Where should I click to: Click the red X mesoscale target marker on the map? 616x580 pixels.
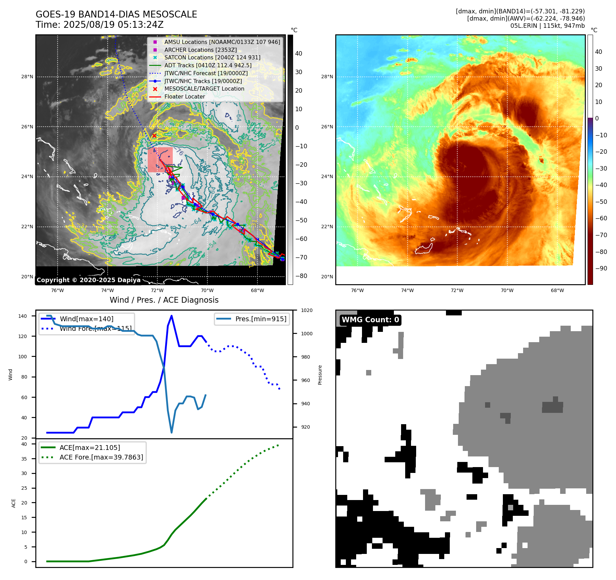[x=154, y=136]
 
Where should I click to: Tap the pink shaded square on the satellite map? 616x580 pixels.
[x=160, y=160]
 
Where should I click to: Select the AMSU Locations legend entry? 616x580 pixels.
[x=222, y=42]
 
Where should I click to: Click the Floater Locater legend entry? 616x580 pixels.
[x=184, y=96]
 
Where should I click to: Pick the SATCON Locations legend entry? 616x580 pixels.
[x=212, y=57]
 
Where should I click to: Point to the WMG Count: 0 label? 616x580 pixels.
[x=370, y=320]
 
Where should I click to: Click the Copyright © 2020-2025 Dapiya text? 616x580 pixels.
[x=88, y=280]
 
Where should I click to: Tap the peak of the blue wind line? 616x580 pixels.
[x=171, y=316]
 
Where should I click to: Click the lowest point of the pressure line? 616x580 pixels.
[x=171, y=432]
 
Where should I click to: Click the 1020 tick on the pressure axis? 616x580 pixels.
[x=307, y=310]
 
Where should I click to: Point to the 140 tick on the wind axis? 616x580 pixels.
[x=23, y=316]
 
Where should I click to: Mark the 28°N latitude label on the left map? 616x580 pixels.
[x=27, y=77]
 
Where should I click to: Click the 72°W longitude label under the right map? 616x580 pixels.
[x=457, y=290]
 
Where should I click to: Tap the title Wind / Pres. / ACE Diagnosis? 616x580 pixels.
[x=164, y=300]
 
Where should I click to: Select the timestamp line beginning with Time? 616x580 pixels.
[x=99, y=25]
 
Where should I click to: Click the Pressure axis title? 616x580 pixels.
[x=320, y=375]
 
